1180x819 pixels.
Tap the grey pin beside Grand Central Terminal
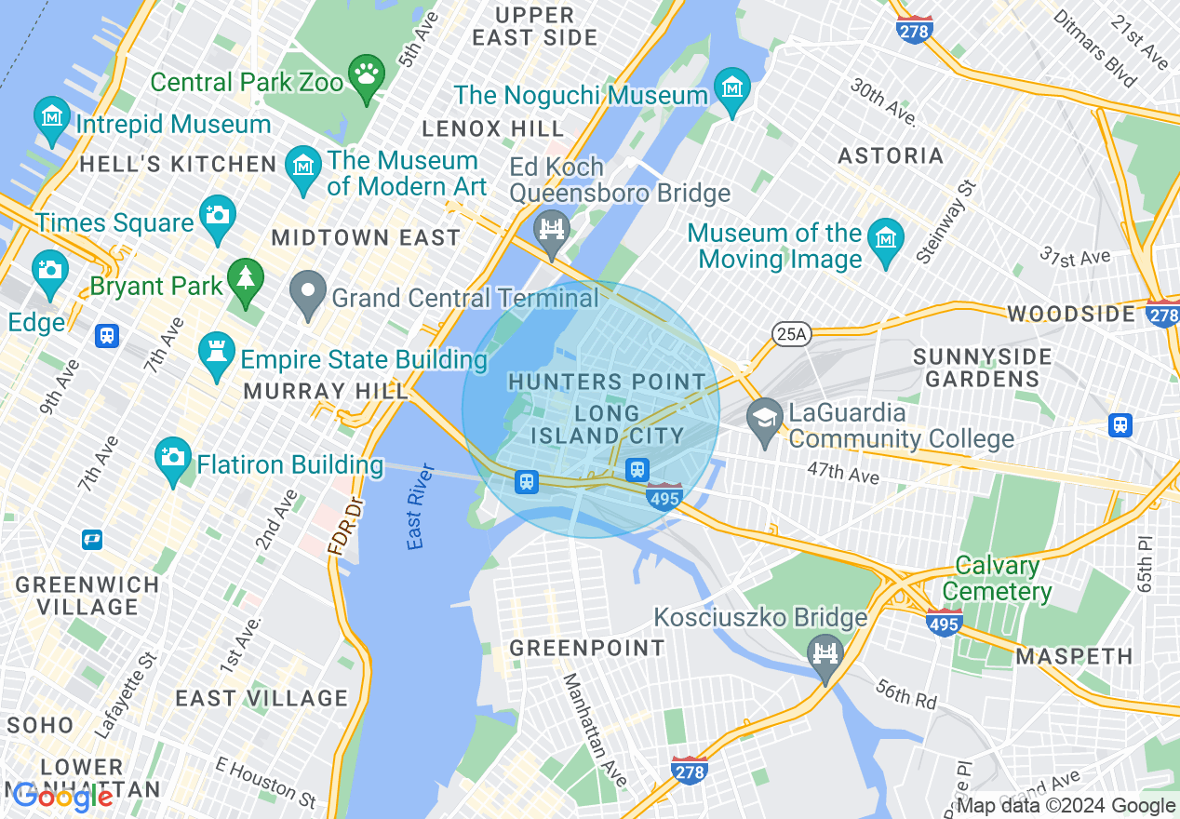305,295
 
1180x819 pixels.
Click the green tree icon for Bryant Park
246,281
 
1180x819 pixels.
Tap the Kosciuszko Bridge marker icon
825,655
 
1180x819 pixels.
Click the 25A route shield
790,333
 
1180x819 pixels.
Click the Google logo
63,797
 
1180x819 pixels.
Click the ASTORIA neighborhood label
891,155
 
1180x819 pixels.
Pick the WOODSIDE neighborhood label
1071,313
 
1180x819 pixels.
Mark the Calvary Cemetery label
997,578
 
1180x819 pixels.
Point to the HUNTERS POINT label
607,382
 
